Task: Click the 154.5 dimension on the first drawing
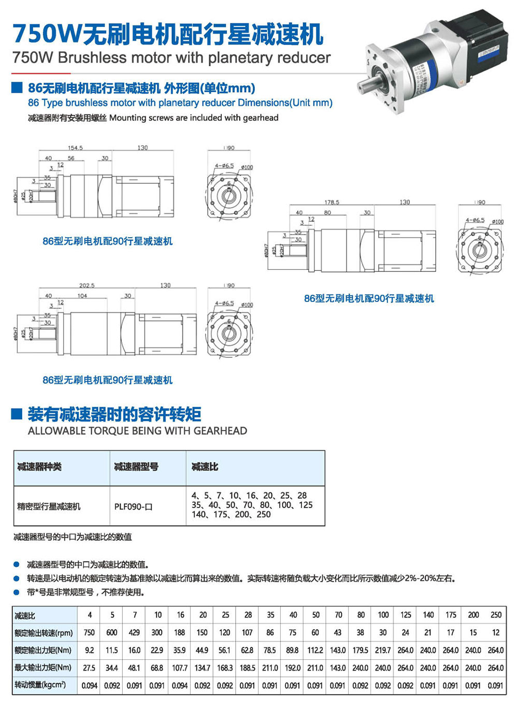tap(75, 148)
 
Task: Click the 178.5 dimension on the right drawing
tap(332, 202)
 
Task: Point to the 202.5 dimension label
tap(87, 285)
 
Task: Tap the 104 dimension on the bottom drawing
tap(82, 296)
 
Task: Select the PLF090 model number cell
tap(133, 507)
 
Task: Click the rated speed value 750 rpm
tap(89, 632)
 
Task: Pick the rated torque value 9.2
tap(89, 650)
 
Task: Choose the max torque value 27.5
tap(89, 668)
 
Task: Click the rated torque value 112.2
tap(315, 650)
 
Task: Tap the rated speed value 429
tap(134, 632)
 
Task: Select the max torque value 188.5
tap(247, 668)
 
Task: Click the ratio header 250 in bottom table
tap(496, 615)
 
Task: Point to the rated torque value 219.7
tap(383, 650)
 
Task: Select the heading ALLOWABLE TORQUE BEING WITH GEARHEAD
tap(137, 431)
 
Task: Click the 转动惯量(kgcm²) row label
tap(40, 685)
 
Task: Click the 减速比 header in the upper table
tap(205, 467)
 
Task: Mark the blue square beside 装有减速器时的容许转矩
tap(17, 414)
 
